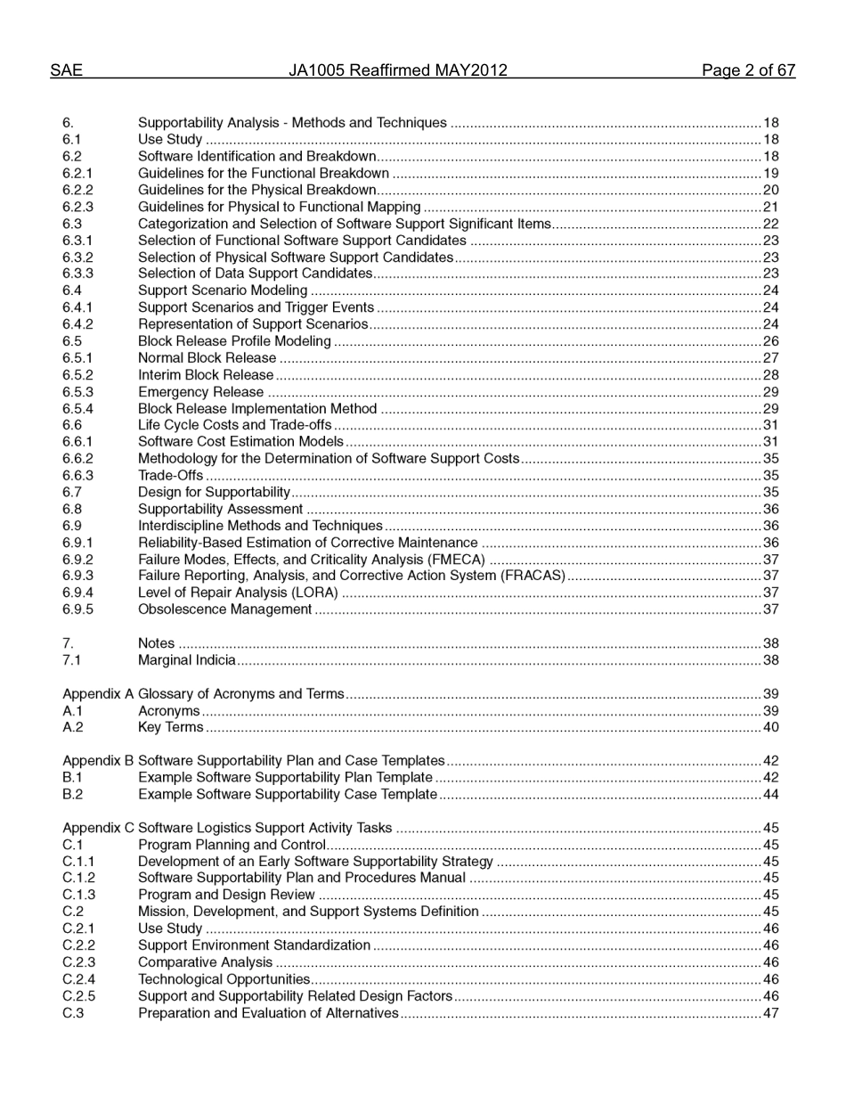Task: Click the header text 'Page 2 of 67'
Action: point(748,70)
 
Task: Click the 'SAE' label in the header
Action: point(66,70)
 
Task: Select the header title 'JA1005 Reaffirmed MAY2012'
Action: point(397,70)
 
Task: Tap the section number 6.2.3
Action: point(77,207)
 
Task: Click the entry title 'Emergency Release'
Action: point(200,392)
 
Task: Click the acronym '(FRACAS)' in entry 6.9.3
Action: point(533,576)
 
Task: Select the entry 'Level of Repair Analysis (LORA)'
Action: point(238,593)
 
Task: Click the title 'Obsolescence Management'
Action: point(224,609)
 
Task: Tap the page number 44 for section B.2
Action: point(770,794)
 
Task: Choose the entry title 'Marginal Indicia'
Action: point(187,660)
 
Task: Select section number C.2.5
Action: point(78,995)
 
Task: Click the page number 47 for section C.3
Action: point(770,1013)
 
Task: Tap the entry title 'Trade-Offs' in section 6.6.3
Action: point(170,476)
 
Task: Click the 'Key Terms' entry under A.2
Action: point(170,727)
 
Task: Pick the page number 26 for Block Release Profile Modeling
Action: point(770,341)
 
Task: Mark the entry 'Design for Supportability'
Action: point(214,492)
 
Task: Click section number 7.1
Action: point(71,660)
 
